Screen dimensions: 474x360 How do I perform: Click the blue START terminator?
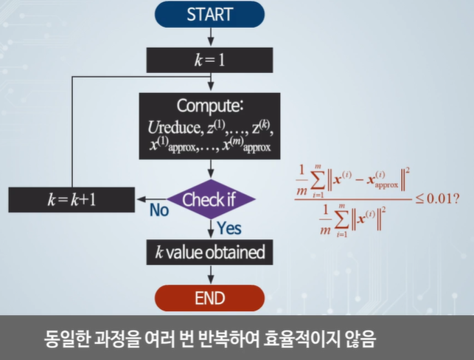pos(210,14)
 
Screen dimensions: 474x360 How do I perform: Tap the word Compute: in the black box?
pos(210,105)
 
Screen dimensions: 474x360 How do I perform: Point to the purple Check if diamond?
pos(210,199)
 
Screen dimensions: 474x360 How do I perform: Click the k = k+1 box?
pos(72,199)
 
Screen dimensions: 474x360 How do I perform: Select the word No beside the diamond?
pos(159,211)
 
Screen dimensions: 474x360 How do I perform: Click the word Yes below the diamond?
pos(229,229)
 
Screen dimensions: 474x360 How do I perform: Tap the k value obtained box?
pos(210,252)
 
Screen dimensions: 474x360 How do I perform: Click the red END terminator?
pos(210,299)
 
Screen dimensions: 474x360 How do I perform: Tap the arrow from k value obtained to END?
pos(210,275)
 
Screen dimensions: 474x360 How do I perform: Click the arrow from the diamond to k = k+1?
pos(151,199)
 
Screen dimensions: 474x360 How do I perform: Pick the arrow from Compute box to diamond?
pos(210,170)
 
